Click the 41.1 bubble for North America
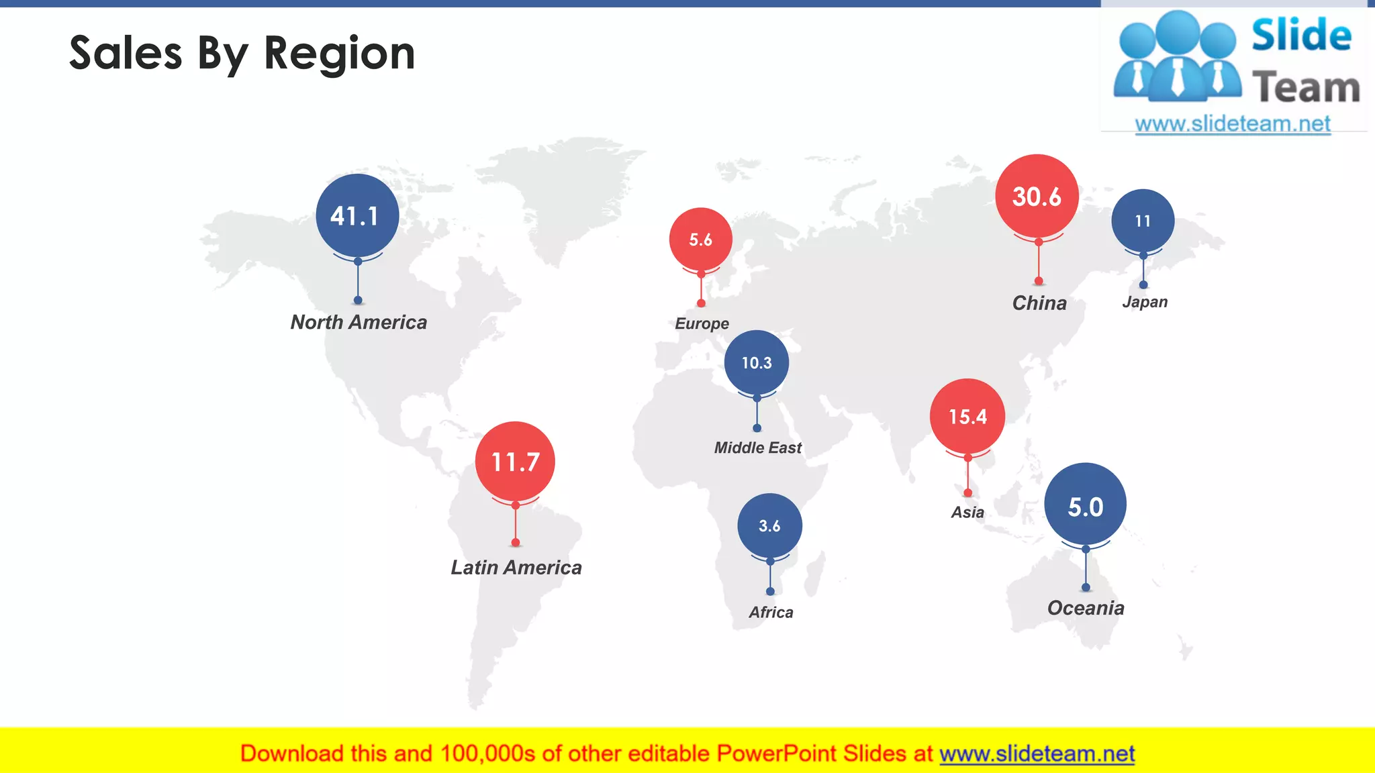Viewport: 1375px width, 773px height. [357, 215]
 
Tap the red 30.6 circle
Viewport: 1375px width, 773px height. [1037, 196]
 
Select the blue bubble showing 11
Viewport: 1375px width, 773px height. [1143, 221]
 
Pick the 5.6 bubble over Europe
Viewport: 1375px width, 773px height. [700, 240]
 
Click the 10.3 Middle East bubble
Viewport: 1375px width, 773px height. [757, 362]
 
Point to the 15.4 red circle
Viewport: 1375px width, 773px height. [967, 417]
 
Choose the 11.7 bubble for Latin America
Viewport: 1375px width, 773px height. [515, 462]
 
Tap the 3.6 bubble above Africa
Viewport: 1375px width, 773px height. [769, 526]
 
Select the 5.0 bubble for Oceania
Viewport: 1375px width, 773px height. [1085, 505]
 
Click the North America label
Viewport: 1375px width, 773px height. [359, 322]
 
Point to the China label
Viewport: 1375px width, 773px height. [1039, 303]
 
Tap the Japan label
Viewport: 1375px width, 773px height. [1145, 302]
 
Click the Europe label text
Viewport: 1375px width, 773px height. [702, 323]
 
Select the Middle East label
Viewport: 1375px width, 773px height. [757, 448]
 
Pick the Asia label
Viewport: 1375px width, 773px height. [967, 513]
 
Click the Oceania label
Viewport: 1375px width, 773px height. [1086, 608]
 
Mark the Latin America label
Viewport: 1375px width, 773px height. [516, 568]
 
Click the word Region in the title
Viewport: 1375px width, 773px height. [340, 54]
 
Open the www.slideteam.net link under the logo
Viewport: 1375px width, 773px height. [1233, 124]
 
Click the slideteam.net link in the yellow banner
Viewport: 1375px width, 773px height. [1037, 754]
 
